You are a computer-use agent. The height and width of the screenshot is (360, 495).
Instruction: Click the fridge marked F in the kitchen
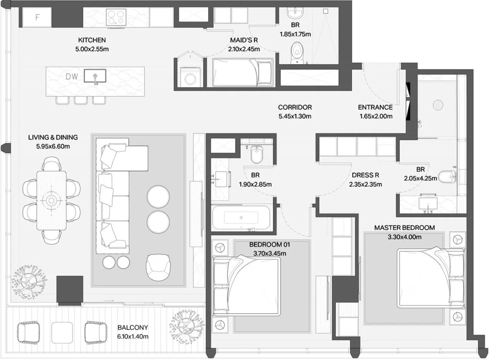tap(37, 17)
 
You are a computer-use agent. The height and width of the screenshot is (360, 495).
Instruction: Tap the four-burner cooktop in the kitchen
tap(116, 17)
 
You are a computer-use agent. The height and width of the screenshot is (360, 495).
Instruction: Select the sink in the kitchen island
tap(95, 76)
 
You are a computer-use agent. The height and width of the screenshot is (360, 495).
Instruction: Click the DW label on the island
tap(72, 77)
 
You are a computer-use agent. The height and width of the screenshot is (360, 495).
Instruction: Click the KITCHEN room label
tap(92, 40)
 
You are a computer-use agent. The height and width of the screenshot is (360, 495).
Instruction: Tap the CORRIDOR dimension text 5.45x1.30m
tap(295, 116)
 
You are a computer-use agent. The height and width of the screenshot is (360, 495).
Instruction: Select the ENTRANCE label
tap(375, 107)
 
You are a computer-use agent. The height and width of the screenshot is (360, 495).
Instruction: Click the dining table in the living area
tap(52, 200)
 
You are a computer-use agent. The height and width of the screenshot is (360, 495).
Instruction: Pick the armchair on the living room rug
tap(158, 267)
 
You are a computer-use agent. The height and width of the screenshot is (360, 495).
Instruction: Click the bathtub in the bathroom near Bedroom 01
tap(241, 218)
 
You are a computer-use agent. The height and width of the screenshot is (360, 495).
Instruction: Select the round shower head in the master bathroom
tap(438, 105)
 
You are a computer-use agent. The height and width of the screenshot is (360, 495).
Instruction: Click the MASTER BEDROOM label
tap(404, 228)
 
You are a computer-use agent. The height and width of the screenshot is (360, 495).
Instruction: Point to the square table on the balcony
tap(62, 333)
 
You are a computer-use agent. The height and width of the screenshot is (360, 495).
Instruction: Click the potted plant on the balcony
tap(187, 328)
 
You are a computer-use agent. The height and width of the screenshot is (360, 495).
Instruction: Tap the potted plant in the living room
tap(29, 282)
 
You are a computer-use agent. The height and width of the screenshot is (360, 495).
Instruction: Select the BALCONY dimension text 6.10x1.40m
tap(133, 337)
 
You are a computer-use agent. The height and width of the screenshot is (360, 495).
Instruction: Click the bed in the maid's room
tap(243, 72)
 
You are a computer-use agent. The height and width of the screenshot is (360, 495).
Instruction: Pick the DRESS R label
tap(365, 175)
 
